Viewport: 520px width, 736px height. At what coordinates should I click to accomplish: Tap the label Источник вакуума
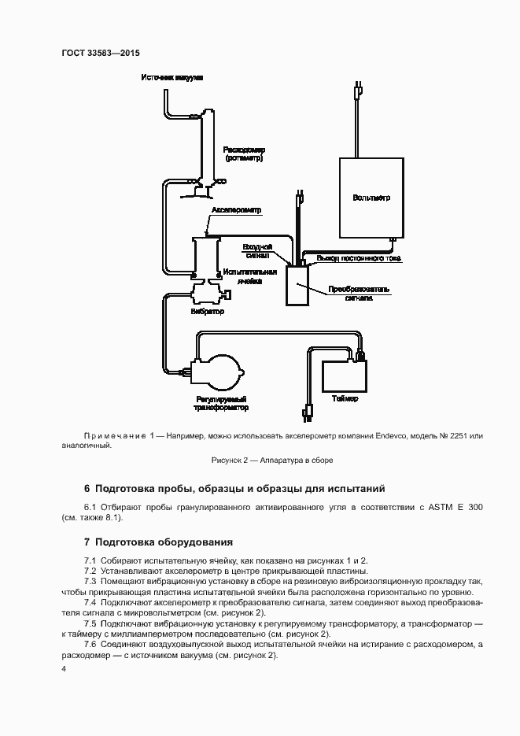tap(172, 78)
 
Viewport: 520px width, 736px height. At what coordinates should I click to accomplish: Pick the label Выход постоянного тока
tap(358, 257)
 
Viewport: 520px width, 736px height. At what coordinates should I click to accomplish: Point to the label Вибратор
tap(207, 312)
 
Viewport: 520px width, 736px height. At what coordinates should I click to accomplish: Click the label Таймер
tap(345, 398)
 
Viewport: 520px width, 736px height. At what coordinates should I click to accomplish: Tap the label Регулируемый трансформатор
tap(221, 404)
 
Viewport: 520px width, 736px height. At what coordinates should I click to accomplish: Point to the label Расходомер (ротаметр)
tap(243, 153)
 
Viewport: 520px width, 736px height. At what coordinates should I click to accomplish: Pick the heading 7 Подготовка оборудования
tap(158, 542)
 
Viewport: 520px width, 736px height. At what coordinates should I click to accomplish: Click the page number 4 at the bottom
tap(64, 668)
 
